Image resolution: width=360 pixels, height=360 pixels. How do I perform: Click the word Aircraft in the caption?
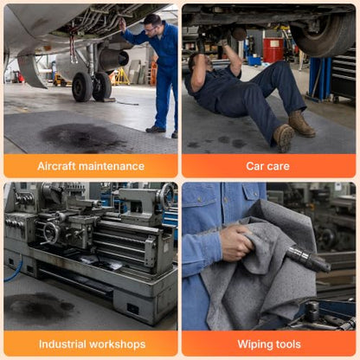56,166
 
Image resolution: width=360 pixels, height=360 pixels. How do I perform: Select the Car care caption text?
267,166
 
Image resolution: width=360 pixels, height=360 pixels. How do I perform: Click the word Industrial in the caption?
62,344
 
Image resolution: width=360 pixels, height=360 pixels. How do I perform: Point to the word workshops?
118,344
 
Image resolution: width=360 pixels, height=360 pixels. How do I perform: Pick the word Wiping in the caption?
254,344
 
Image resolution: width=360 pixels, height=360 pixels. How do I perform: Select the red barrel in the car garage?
273,49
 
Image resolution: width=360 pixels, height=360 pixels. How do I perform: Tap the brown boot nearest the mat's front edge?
283,138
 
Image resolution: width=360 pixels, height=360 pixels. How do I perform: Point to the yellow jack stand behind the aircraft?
121,76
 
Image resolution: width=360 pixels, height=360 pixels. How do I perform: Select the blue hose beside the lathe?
15,269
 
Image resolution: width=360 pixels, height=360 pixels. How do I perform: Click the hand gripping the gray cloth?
237,242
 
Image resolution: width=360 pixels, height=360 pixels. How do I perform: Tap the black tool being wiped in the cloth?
307,258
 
